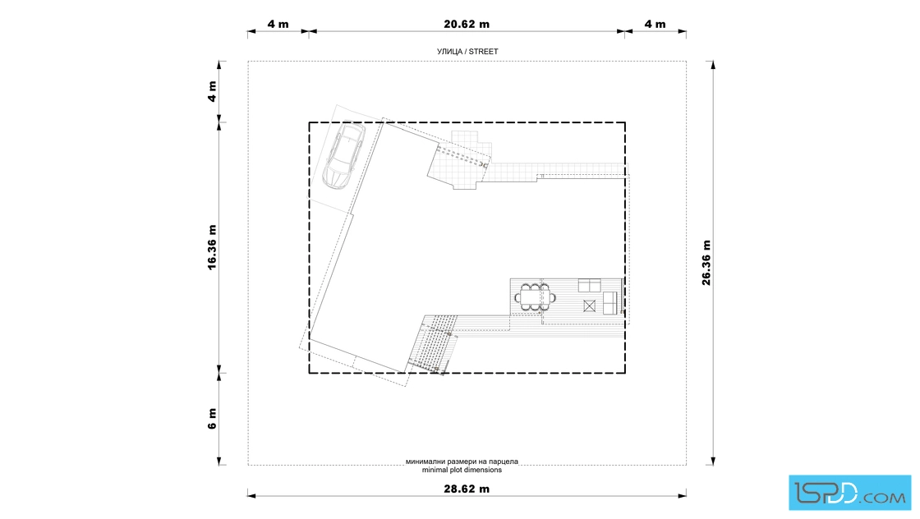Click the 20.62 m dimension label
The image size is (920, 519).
click(467, 24)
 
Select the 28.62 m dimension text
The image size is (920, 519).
click(467, 489)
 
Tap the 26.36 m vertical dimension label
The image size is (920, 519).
click(706, 263)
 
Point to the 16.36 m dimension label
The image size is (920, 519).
click(212, 247)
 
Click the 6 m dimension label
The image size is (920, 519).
click(212, 419)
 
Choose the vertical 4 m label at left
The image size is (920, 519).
click(212, 91)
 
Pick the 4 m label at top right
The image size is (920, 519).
click(655, 24)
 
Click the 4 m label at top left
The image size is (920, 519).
click(278, 24)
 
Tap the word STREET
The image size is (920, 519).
click(484, 52)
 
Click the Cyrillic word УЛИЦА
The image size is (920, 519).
click(450, 52)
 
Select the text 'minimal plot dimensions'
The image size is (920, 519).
click(462, 470)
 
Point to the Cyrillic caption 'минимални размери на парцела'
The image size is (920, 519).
click(462, 462)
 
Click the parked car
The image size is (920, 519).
click(344, 155)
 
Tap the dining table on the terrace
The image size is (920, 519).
click(536, 297)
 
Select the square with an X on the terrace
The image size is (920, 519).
click(590, 305)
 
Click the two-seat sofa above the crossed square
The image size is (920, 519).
click(590, 286)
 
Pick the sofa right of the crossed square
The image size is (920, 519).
click(610, 302)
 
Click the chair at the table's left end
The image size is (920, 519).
click(517, 298)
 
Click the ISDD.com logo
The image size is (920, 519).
click(849, 493)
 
